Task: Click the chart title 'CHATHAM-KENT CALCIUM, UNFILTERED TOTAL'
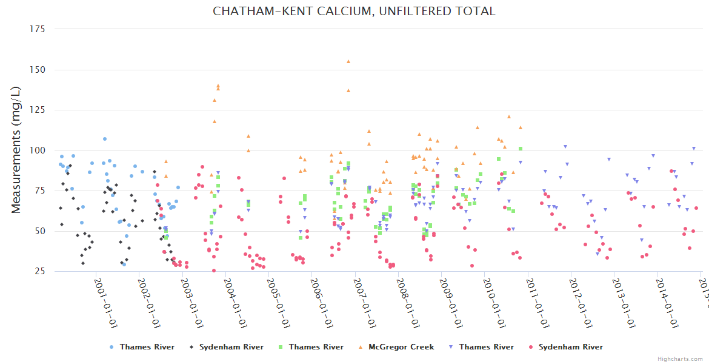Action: pyautogui.click(x=354, y=11)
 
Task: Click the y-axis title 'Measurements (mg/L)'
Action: pyautogui.click(x=16, y=150)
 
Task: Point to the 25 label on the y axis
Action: pyautogui.click(x=39, y=271)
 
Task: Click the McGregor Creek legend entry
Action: pyautogui.click(x=401, y=347)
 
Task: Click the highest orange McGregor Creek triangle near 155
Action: pyautogui.click(x=348, y=61)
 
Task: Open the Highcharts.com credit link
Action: pyautogui.click(x=681, y=359)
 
